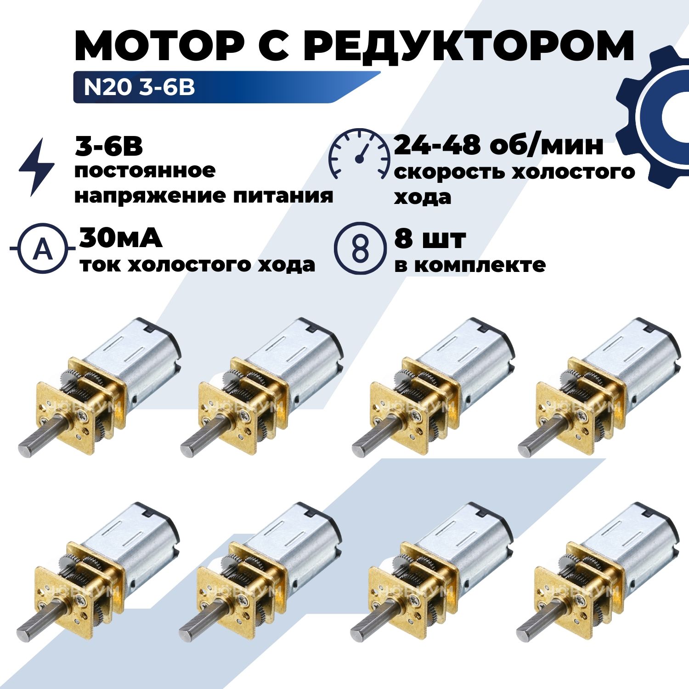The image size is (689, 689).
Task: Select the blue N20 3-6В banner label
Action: coord(227,87)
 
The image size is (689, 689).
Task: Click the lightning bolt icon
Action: coord(37,167)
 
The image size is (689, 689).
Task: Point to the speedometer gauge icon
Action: coord(359,154)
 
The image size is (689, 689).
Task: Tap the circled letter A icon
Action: coord(43,249)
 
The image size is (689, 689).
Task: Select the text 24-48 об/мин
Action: coord(498,145)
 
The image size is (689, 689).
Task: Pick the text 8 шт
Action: coord(430,238)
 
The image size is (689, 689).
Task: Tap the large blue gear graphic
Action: coord(652,117)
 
